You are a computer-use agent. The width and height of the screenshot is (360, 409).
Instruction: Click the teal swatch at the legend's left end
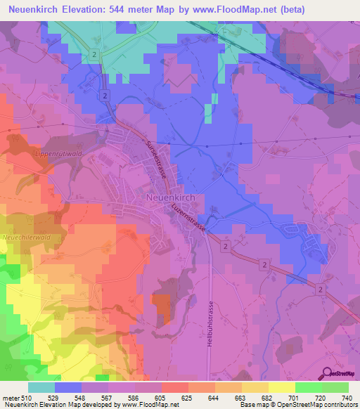tap(41, 387)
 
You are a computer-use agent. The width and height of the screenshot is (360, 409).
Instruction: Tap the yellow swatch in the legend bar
tap(281, 387)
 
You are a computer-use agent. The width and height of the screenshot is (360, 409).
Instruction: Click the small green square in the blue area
tap(209, 113)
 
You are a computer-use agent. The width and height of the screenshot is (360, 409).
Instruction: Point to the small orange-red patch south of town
tap(161, 306)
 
